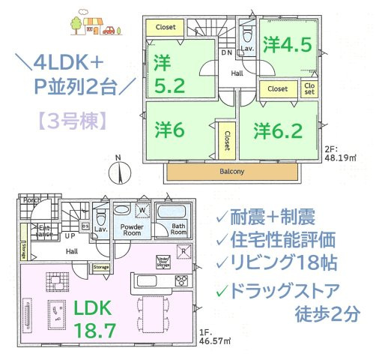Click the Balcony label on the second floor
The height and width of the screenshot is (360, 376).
tap(232, 172)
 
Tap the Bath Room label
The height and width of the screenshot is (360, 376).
tap(178, 230)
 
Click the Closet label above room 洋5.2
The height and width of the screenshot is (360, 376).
tap(166, 28)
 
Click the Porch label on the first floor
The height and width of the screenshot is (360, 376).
tap(30, 201)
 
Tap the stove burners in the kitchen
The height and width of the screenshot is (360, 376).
tap(181, 281)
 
